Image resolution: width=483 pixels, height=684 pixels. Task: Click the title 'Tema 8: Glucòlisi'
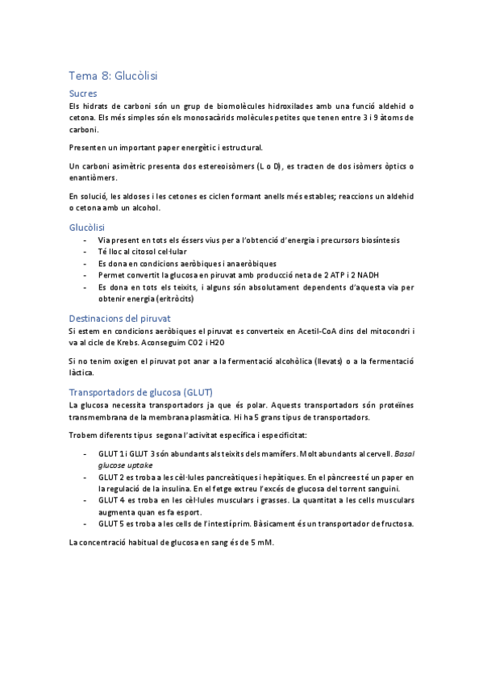(113, 76)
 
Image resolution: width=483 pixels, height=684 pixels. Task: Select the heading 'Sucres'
(84, 94)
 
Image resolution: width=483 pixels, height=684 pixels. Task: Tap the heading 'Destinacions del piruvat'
(119, 318)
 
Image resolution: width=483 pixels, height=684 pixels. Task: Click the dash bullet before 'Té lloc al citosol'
(86, 252)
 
